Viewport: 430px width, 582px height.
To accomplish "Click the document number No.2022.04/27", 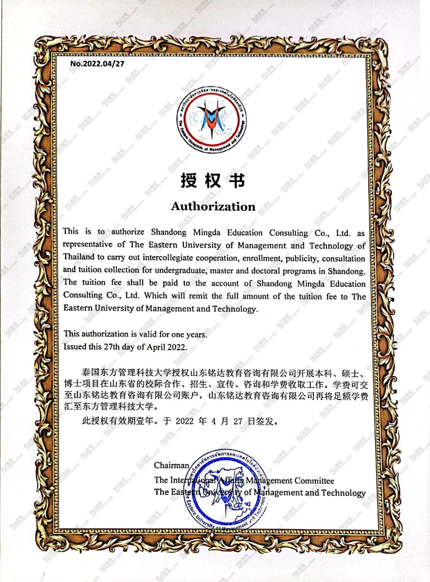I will pyautogui.click(x=97, y=64).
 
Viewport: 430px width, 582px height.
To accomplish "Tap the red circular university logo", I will pyautogui.click(x=211, y=120).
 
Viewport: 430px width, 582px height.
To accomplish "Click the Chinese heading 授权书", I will pyautogui.click(x=213, y=181).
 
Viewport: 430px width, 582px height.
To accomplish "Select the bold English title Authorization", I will pyautogui.click(x=213, y=207).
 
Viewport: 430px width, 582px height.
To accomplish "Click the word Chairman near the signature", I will pyautogui.click(x=171, y=465).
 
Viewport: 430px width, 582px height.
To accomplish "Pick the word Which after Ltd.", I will pyautogui.click(x=155, y=296).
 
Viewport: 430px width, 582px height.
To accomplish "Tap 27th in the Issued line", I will pyautogui.click(x=112, y=347).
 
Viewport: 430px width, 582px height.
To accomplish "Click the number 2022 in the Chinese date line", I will pyautogui.click(x=185, y=421).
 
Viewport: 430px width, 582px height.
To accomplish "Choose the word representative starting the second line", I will pyautogui.click(x=87, y=244).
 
